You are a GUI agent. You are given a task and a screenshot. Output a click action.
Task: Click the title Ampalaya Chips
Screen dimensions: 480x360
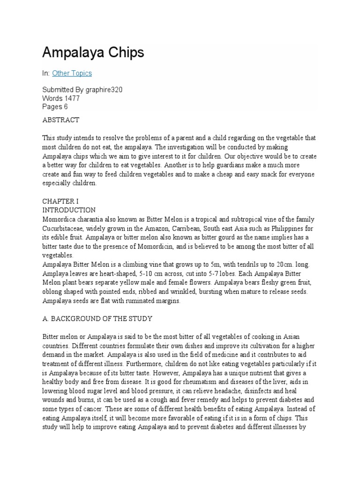(93, 53)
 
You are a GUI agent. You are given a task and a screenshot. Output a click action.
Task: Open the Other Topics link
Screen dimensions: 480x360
(72, 73)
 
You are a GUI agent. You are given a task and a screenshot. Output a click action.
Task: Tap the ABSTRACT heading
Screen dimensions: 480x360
(61, 120)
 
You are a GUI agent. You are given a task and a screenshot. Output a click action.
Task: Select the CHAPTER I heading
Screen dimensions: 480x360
(59, 202)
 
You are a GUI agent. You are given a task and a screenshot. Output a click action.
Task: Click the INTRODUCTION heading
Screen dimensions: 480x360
(69, 210)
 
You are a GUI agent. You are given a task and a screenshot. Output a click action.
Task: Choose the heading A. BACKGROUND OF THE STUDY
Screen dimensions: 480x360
(97, 319)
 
